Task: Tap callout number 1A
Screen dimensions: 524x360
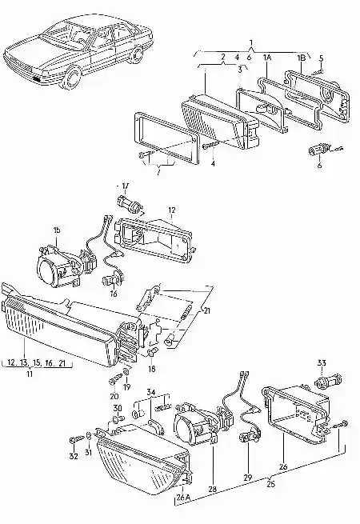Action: [x=268, y=58]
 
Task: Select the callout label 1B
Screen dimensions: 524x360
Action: [x=301, y=58]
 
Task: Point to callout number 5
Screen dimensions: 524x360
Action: [x=321, y=58]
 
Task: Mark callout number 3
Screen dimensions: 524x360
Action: [x=238, y=70]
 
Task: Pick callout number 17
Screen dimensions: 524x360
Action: [x=123, y=185]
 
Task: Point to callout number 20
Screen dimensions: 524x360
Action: [x=114, y=396]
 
